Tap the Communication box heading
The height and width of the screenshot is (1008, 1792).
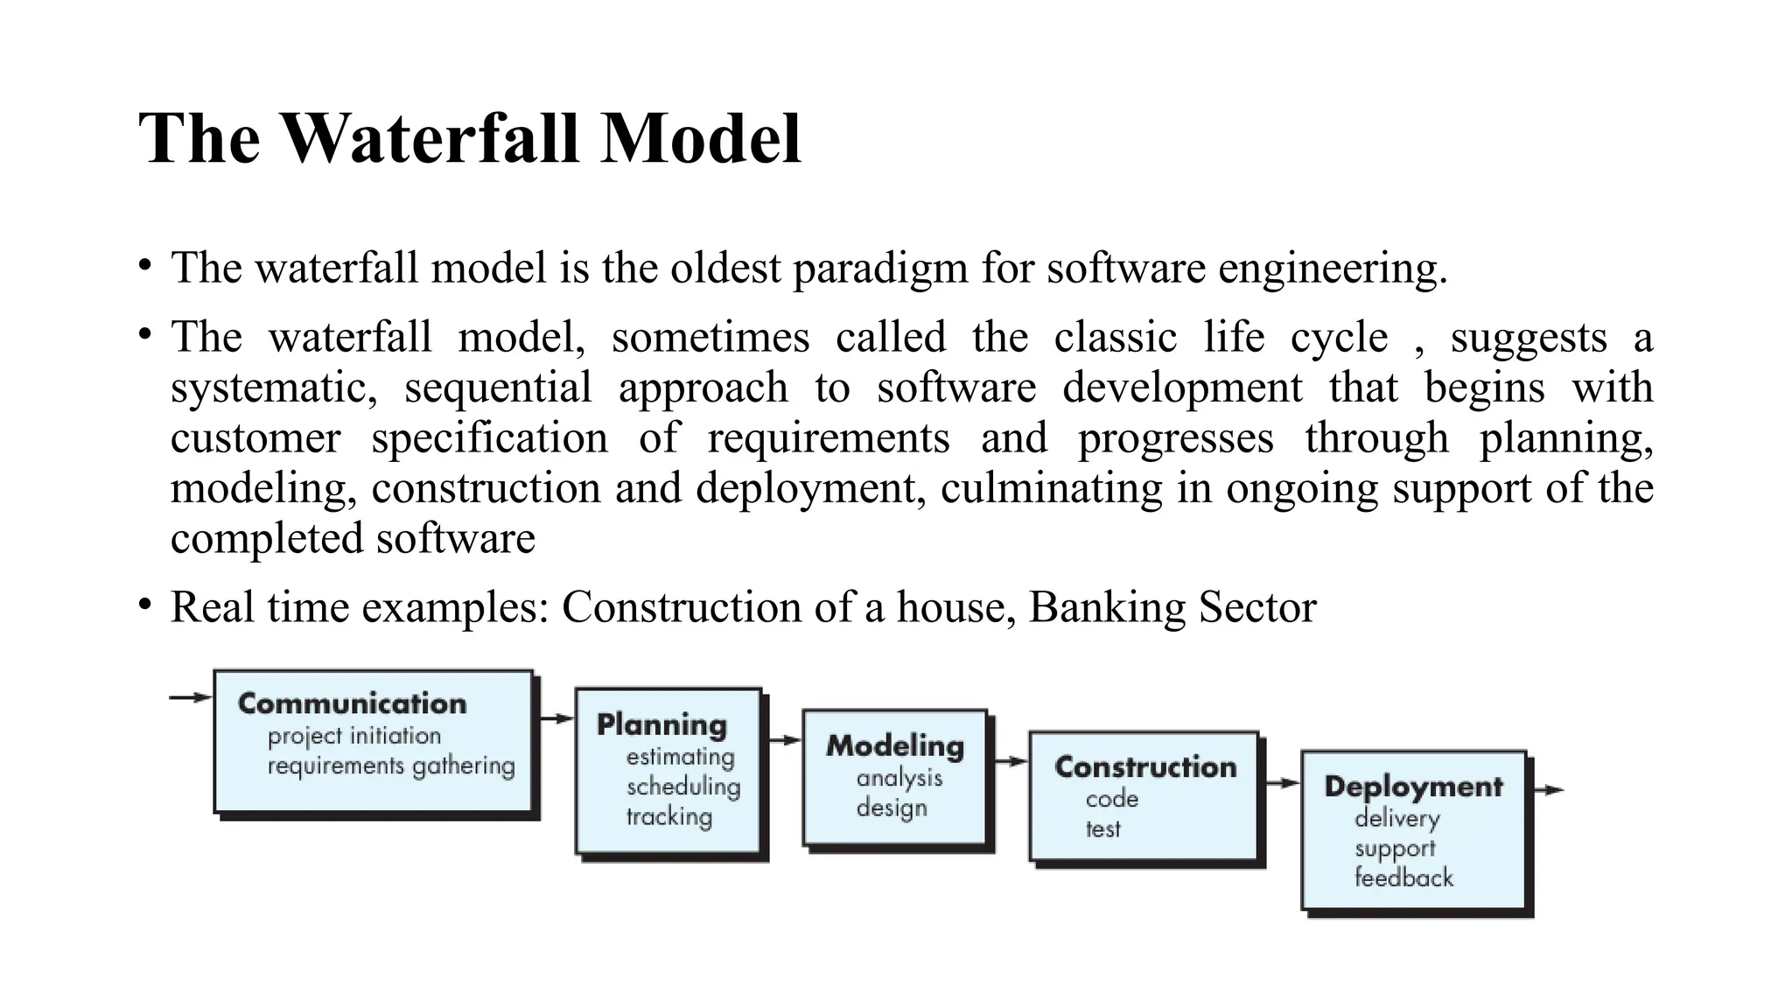tap(352, 703)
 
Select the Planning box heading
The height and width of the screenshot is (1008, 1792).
tap(661, 724)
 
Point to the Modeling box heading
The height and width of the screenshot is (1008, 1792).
tap(895, 745)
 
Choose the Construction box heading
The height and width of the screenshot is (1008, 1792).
tap(1145, 766)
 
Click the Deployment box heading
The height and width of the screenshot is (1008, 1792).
tap(1413, 786)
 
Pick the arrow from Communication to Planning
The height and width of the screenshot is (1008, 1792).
tap(556, 718)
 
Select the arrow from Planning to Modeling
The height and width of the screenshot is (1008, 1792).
tap(784, 740)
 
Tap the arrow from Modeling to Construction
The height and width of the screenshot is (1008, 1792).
tap(1011, 761)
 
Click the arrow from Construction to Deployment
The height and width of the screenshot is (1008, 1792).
tap(1282, 782)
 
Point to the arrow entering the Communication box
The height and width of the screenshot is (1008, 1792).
tap(191, 697)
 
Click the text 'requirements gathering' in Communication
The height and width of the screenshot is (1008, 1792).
tap(391, 766)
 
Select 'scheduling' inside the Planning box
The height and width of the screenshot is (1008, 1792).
tap(683, 786)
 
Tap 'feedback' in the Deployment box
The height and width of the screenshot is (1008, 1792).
tap(1403, 878)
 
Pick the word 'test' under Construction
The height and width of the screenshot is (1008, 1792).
tap(1102, 829)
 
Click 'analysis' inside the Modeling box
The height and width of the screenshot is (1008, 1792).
tap(899, 778)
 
